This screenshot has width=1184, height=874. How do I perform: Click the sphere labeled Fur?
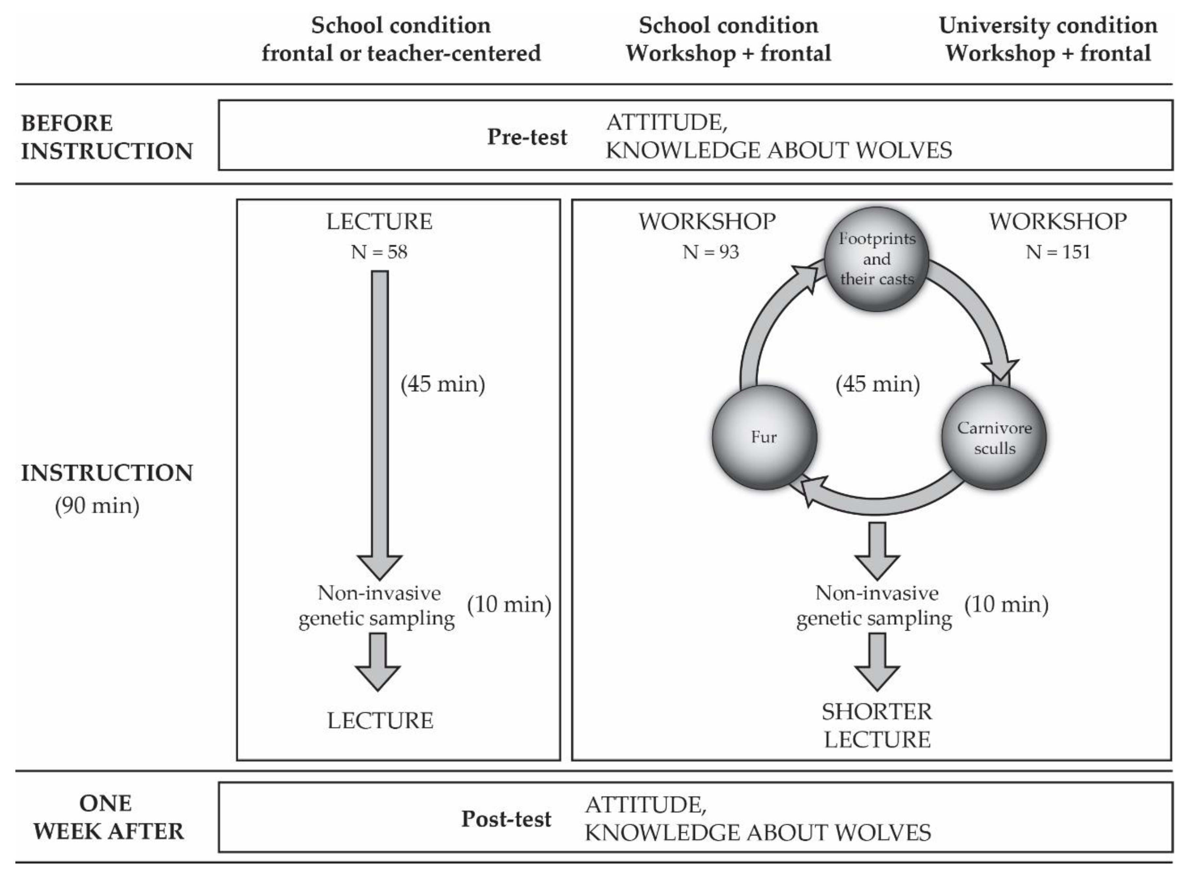[764, 437]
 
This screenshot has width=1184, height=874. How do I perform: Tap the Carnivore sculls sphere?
[994, 437]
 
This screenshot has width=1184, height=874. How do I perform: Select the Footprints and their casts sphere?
[877, 259]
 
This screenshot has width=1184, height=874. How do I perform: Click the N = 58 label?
[379, 252]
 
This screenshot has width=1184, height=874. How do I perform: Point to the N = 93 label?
[710, 252]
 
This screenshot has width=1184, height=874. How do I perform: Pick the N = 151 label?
[1058, 252]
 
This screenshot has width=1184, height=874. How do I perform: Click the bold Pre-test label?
[527, 137]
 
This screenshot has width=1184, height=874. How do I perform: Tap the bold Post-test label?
[506, 819]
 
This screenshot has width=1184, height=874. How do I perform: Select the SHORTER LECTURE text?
[877, 725]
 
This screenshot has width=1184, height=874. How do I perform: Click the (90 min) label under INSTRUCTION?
[97, 506]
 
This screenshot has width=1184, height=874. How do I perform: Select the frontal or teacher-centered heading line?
[401, 53]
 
